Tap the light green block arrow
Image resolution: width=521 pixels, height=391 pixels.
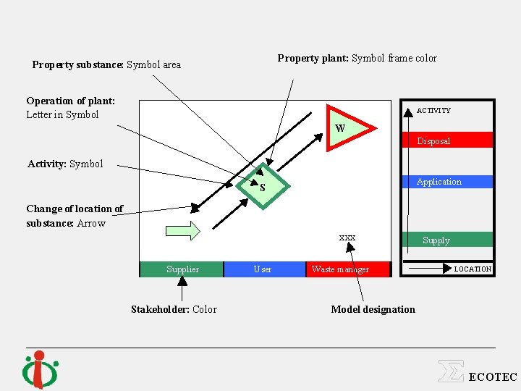[x=182, y=231]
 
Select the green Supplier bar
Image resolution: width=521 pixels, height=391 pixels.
[x=182, y=269]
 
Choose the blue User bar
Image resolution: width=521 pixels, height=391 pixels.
[x=264, y=269]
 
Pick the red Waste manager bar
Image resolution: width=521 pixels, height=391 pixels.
[x=347, y=269]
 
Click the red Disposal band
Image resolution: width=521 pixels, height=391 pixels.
[x=447, y=140]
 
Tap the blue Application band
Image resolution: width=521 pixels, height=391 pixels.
[x=447, y=182]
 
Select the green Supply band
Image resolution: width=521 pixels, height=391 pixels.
[x=447, y=240]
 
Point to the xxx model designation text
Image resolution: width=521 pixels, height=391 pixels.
[x=347, y=237]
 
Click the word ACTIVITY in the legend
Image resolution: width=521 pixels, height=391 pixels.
[x=433, y=111]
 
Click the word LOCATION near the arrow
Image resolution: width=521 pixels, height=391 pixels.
[x=473, y=269]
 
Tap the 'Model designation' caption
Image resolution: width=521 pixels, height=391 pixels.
[x=373, y=309]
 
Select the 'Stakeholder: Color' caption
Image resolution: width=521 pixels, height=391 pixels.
[x=174, y=309]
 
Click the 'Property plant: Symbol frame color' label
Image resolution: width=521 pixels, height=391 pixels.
[x=357, y=58]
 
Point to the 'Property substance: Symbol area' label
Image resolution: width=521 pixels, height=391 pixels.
[x=106, y=64]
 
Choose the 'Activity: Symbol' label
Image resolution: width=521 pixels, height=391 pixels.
[x=65, y=164]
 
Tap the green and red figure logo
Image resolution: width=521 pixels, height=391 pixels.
[x=41, y=369]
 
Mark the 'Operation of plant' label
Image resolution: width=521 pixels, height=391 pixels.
[x=70, y=107]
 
